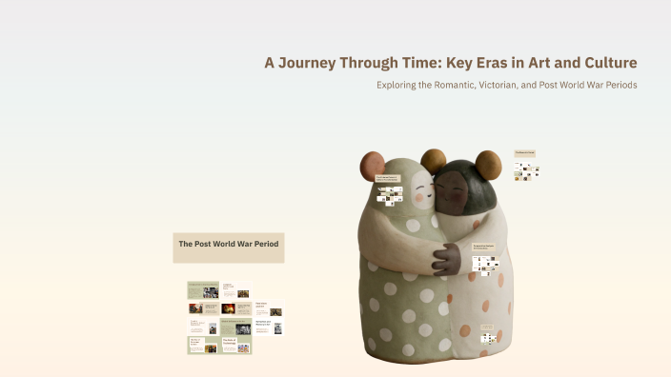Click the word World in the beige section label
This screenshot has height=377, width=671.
(x=231, y=245)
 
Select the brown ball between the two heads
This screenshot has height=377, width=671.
(x=434, y=161)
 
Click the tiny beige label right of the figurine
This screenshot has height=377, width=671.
(x=525, y=152)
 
